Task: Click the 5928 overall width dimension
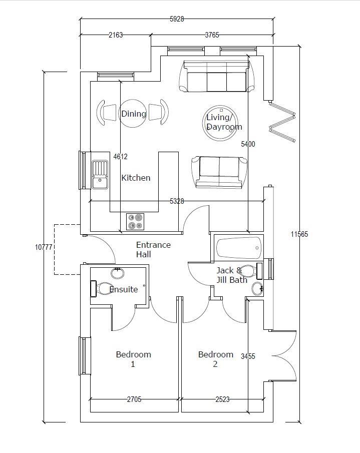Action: pos(177,19)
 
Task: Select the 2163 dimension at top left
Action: pos(115,35)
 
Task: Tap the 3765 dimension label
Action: pos(212,35)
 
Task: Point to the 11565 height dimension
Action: pos(299,234)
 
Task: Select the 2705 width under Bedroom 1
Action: pos(134,399)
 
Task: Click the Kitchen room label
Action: pos(136,178)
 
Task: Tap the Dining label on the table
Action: pos(134,114)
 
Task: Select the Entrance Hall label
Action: pos(153,249)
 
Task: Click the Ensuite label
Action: pos(124,289)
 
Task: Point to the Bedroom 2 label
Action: pos(216,359)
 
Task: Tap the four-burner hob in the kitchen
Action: pos(135,221)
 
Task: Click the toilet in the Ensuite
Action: pos(104,289)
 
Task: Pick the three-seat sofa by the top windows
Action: pos(216,78)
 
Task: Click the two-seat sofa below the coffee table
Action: pos(219,172)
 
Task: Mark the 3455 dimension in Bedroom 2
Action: pos(248,356)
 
